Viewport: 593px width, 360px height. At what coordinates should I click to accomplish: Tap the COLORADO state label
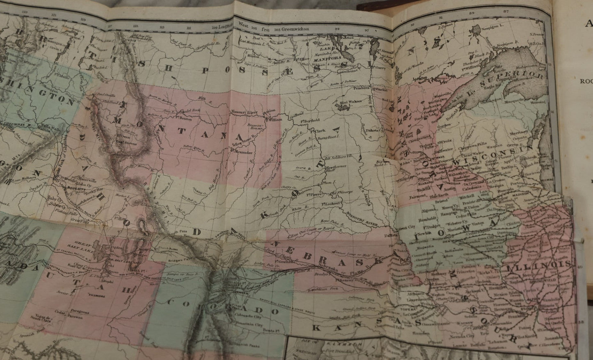click(218, 308)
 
